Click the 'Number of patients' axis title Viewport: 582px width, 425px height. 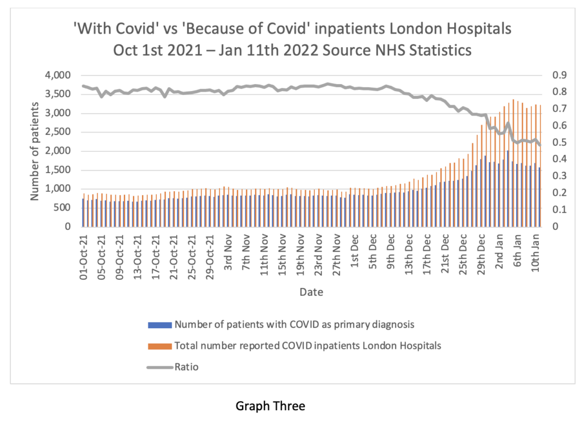(x=35, y=151)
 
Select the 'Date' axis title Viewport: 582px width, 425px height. (x=313, y=292)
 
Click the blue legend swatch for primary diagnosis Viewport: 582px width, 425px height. (x=159, y=325)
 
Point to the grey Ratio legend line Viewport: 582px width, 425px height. (x=159, y=367)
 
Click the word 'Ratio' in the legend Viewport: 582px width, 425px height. (x=186, y=367)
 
